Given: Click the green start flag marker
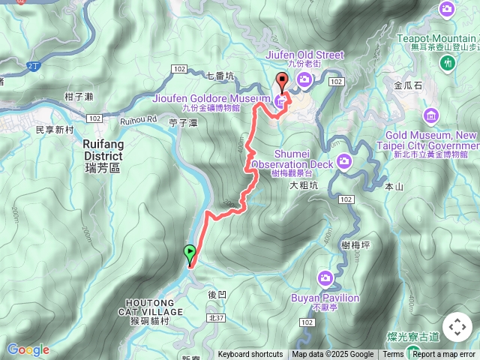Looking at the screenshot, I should coord(190,253).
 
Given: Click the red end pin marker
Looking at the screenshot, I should coord(283,82).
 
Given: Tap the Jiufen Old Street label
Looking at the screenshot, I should coord(304,55).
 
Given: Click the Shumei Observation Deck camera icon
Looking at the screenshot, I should coord(343,160).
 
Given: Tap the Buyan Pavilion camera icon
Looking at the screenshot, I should coord(325,277).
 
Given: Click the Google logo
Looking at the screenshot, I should coord(28,349).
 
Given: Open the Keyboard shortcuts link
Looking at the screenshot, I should coord(250,355).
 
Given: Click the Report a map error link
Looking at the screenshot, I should coord(445,355).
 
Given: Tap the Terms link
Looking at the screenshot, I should coord(393,355).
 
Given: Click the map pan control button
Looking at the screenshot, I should coord(457,327).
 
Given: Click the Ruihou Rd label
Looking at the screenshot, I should coord(136,119).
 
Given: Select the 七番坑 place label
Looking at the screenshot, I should coord(220,75).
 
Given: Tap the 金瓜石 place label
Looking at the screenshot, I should coord(408,85).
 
